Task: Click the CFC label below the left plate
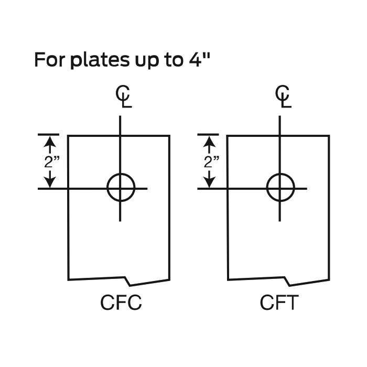(x=121, y=303)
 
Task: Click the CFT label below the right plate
(x=279, y=303)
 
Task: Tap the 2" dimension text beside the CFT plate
(x=211, y=161)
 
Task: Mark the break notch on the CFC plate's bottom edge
(x=128, y=278)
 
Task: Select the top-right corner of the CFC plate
(x=169, y=136)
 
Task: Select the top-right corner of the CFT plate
(x=329, y=136)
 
